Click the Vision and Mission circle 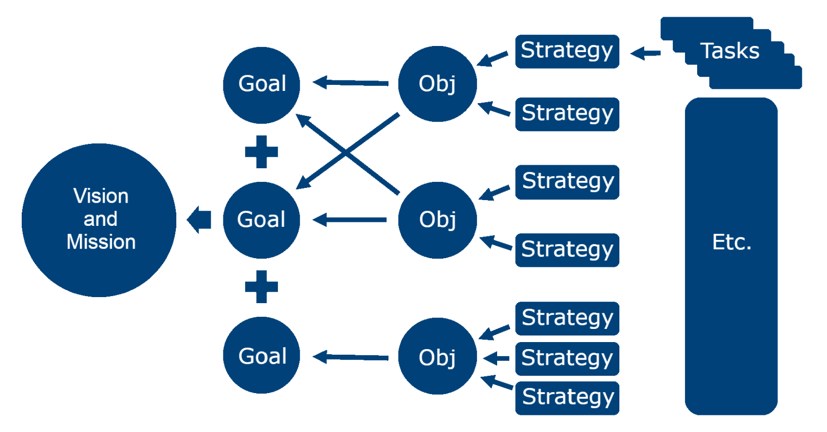(99, 220)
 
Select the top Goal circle (261, 85)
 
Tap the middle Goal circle (261, 220)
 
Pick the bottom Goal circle (261, 355)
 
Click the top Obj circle (437, 84)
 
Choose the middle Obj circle (437, 220)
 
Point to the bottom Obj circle (437, 356)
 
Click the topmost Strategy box (567, 51)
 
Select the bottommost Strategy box (567, 398)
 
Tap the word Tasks (729, 51)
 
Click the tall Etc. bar (731, 256)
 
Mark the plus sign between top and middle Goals (261, 152)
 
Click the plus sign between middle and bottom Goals (261, 287)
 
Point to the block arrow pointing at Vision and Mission (199, 220)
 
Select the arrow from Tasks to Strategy (646, 53)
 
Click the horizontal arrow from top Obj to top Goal (351, 82)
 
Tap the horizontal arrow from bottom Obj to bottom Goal (351, 357)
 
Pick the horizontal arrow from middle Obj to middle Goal (350, 220)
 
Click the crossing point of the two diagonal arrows (346, 151)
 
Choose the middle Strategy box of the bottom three (567, 359)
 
